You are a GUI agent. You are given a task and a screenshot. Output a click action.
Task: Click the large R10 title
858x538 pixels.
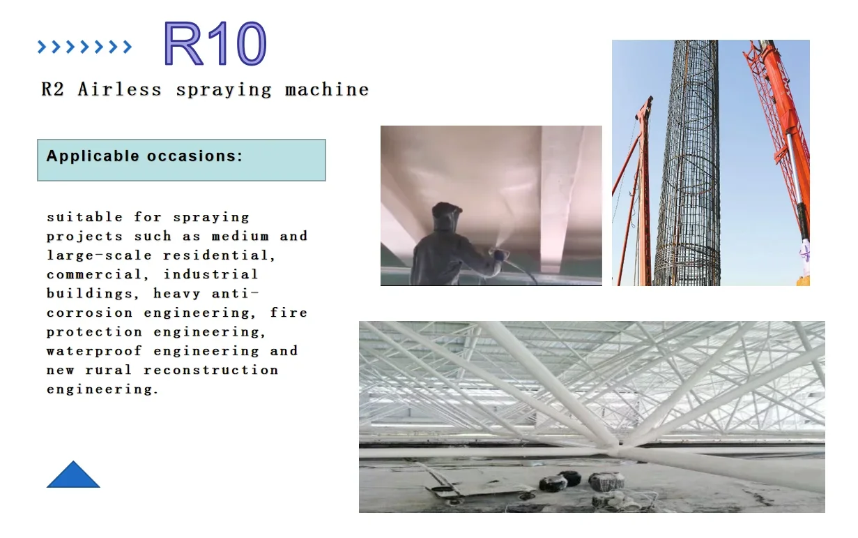[215, 44]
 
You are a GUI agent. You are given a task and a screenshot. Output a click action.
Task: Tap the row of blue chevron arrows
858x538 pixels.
[84, 47]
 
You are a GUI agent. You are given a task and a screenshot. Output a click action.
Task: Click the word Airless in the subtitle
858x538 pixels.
[119, 90]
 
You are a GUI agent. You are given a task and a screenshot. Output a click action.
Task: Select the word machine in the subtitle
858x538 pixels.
[327, 90]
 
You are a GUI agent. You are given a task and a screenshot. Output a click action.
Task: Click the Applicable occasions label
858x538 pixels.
[144, 156]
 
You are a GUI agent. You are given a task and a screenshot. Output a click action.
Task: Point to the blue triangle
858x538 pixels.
[73, 475]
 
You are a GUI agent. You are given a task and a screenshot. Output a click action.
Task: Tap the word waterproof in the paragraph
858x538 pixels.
[94, 351]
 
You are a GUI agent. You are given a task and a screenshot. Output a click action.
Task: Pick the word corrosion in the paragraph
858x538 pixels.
[89, 313]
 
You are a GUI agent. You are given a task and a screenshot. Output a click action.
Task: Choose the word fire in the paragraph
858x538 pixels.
[289, 313]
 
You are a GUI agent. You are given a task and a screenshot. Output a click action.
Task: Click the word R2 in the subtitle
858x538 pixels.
[53, 90]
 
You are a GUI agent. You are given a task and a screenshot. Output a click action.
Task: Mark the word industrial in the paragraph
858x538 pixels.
[211, 275]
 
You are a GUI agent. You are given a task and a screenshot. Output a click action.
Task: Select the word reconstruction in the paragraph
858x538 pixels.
[210, 370]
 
